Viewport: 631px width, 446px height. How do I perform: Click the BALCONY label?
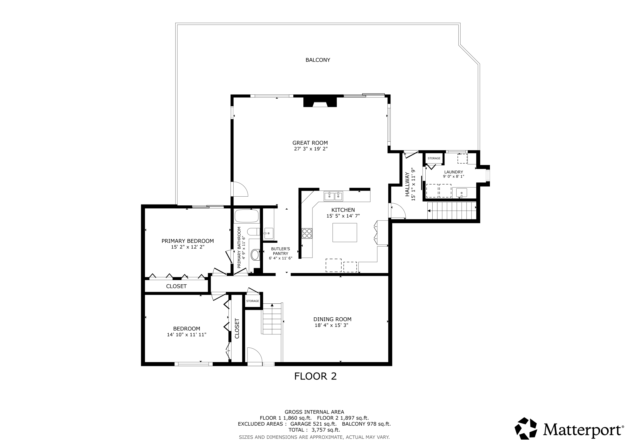click(x=318, y=60)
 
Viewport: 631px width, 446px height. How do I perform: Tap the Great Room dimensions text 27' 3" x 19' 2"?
click(x=310, y=149)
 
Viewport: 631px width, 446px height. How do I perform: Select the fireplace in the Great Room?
click(x=320, y=102)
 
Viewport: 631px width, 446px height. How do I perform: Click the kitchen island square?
click(x=345, y=232)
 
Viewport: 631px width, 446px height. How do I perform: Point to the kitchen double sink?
click(x=333, y=196)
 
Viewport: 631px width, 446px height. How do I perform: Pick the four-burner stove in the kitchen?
click(x=307, y=233)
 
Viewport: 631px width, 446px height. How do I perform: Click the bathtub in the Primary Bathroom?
click(x=247, y=216)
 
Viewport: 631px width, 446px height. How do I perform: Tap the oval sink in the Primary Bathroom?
click(x=255, y=255)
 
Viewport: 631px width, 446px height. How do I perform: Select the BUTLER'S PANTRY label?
click(x=281, y=251)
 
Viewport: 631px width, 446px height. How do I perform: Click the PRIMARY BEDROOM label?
click(x=187, y=241)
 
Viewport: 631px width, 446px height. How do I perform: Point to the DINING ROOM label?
click(x=332, y=319)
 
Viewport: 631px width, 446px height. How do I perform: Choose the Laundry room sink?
click(x=461, y=193)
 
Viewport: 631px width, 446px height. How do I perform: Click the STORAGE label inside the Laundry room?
click(x=434, y=158)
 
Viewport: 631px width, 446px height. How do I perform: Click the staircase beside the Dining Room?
click(x=272, y=319)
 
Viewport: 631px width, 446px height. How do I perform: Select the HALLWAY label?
click(x=407, y=184)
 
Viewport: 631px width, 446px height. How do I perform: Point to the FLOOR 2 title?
click(x=315, y=376)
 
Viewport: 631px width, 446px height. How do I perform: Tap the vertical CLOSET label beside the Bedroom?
click(x=237, y=328)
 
